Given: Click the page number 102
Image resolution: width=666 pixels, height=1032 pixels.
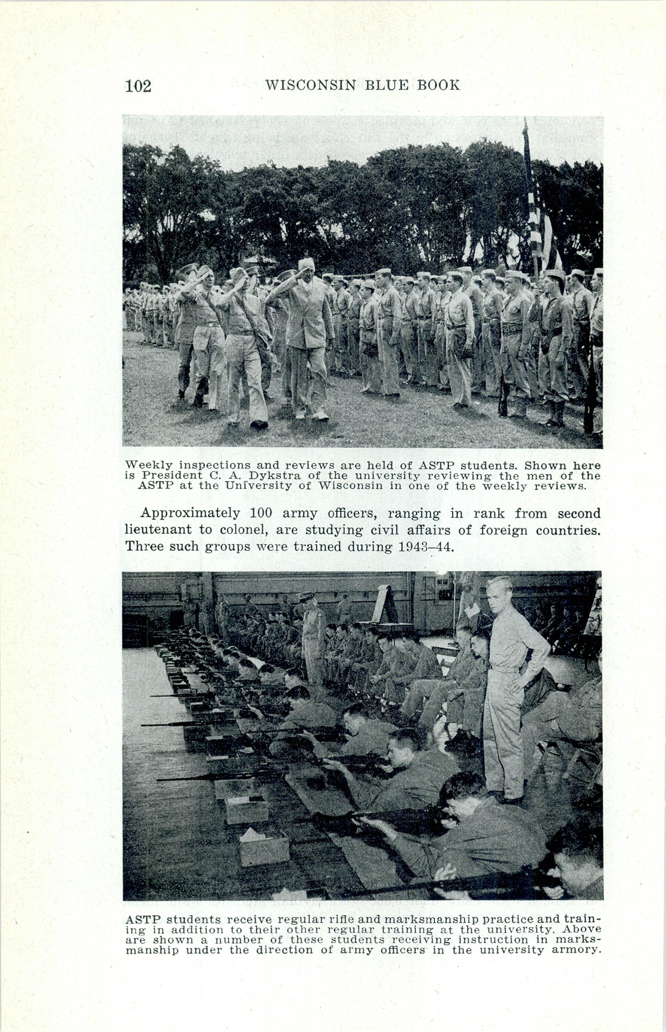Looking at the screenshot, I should pos(138,86).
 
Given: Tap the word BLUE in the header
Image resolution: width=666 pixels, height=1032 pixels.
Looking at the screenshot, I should pos(386,85).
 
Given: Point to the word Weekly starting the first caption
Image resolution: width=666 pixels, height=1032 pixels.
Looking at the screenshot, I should pos(148,466).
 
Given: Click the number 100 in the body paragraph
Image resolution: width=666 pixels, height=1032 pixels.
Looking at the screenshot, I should pos(261,514).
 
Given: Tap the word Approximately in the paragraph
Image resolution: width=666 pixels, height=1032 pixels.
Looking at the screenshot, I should pos(190,514).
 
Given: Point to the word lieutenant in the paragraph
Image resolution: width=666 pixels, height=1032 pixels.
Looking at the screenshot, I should pos(158,530).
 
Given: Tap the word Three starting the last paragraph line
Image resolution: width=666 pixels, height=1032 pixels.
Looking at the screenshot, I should pos(144,547).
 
